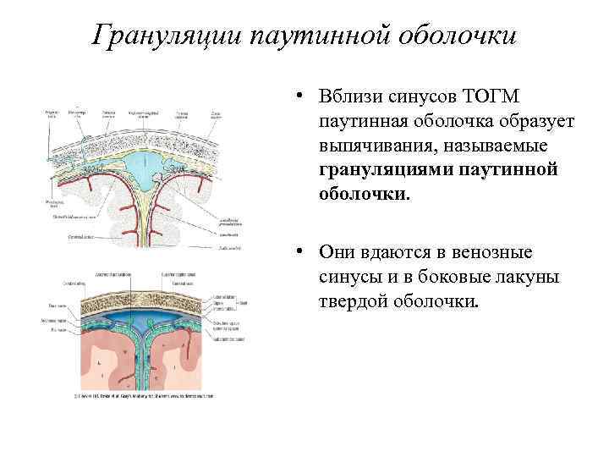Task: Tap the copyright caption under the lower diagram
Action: click(144, 395)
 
